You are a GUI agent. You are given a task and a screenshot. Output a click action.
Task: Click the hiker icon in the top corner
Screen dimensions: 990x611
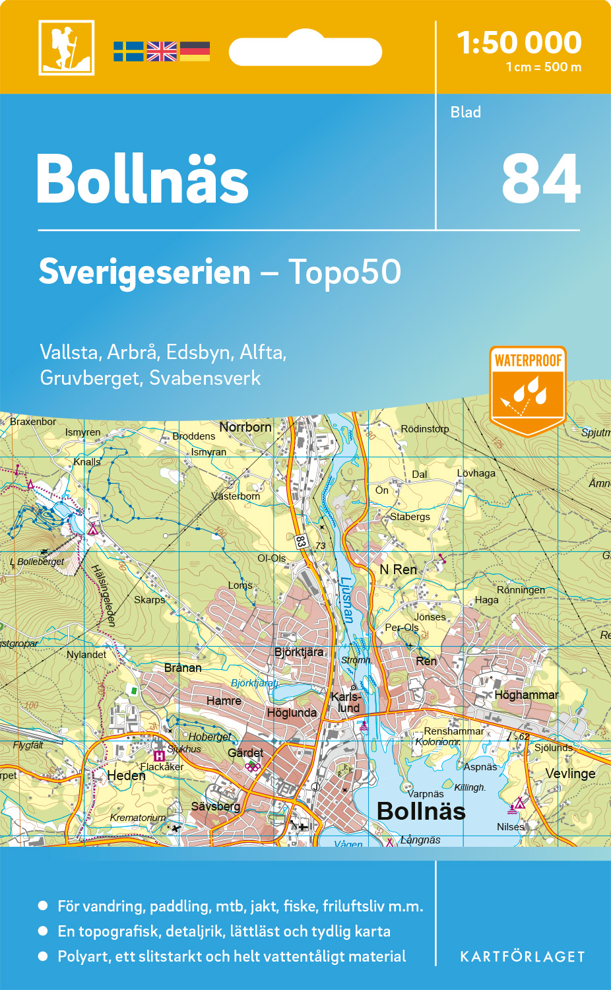(x=67, y=48)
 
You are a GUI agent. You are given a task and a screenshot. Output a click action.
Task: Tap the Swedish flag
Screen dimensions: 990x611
(x=128, y=51)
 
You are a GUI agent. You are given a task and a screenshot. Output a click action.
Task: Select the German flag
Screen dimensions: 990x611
(x=195, y=51)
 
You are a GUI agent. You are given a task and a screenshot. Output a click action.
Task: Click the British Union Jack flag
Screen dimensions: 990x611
(x=162, y=51)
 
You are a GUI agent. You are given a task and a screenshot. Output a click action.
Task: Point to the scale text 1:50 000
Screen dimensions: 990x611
(x=519, y=43)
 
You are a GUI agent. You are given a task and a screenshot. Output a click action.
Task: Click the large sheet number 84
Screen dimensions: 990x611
(x=540, y=180)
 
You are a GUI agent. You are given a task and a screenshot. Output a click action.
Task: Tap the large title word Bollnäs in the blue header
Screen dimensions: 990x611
(x=143, y=180)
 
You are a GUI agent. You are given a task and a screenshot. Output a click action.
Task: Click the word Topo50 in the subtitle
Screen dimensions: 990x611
(x=344, y=272)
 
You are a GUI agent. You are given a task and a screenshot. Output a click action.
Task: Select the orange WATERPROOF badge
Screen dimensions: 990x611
(x=528, y=389)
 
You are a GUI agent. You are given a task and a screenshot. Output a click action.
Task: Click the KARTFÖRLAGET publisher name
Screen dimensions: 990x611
(x=522, y=957)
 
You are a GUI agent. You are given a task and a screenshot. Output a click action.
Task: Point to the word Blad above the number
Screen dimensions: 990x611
(x=466, y=112)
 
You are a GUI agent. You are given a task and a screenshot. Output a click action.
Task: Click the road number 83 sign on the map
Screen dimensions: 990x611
(x=301, y=541)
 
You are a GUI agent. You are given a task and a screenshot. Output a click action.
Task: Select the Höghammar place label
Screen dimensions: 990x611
(x=526, y=695)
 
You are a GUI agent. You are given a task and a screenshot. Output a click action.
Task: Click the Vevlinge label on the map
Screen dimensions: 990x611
(x=570, y=774)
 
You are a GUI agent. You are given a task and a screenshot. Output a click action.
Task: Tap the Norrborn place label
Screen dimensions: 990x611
(x=245, y=427)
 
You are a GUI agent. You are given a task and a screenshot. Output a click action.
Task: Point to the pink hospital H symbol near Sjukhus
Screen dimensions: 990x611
(x=159, y=756)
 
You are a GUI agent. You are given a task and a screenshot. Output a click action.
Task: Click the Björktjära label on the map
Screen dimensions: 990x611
(x=299, y=652)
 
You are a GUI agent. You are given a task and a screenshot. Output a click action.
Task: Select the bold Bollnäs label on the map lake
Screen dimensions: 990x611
(x=421, y=811)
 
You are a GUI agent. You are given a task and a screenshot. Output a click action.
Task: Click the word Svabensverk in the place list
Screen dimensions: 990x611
(x=205, y=378)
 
